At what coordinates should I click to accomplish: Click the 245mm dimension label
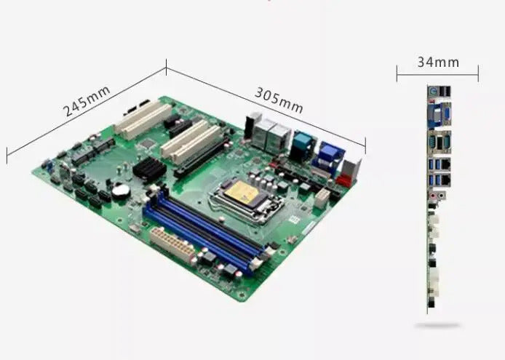(x=87, y=101)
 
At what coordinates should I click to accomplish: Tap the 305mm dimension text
(x=279, y=100)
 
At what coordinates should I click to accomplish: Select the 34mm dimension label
(x=438, y=62)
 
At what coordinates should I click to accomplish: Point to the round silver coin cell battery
(x=121, y=190)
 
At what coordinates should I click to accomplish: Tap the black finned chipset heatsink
(x=149, y=169)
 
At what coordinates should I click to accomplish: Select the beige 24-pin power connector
(x=173, y=244)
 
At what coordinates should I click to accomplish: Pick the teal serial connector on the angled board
(x=302, y=143)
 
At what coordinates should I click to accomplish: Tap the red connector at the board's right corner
(x=345, y=179)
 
